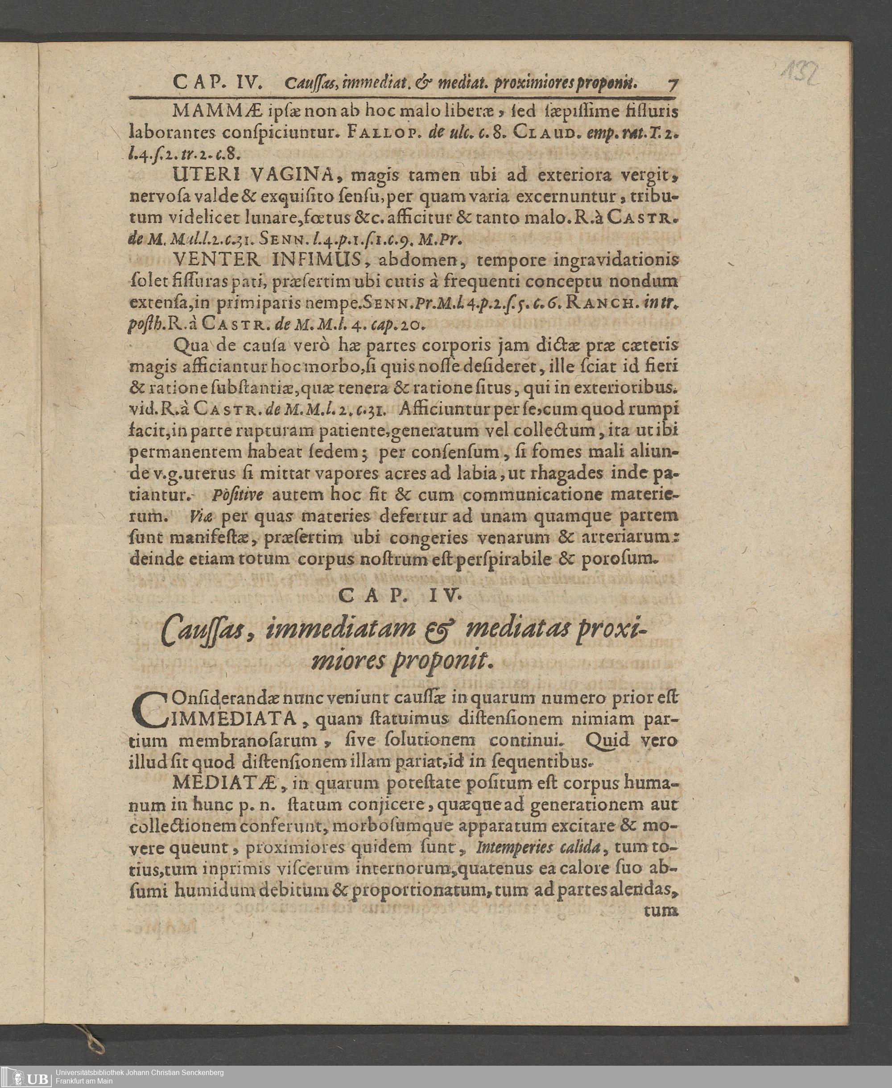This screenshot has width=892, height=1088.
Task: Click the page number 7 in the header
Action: [x=673, y=84]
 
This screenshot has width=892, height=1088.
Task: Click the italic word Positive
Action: [x=237, y=495]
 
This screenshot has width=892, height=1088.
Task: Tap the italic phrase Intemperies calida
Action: [x=537, y=847]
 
